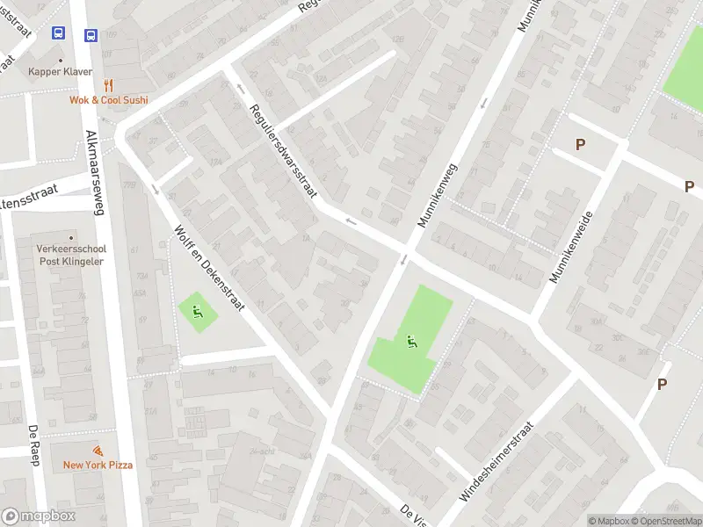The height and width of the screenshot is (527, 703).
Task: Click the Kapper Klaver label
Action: coord(61,71)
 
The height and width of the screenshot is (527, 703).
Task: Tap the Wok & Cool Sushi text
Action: coord(109,100)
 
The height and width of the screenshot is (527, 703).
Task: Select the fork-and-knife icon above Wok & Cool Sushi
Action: coord(109,85)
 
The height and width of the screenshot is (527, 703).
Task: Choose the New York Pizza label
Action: coord(98,465)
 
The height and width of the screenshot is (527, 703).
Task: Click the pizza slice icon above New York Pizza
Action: coord(98,450)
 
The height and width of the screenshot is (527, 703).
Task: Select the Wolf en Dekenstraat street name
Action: coord(209,269)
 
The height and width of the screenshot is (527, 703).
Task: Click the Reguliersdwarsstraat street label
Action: coord(282,151)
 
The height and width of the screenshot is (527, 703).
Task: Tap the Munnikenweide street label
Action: coord(572,247)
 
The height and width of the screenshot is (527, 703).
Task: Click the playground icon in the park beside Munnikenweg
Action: coord(410,341)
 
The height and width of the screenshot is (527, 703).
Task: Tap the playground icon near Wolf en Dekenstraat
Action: coord(196,309)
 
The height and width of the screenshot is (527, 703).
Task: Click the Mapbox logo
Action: coord(38,516)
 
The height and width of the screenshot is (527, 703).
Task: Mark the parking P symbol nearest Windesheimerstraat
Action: coord(662,384)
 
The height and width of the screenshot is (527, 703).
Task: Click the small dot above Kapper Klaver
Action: coord(61,56)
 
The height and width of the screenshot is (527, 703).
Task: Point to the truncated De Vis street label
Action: coord(411,514)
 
